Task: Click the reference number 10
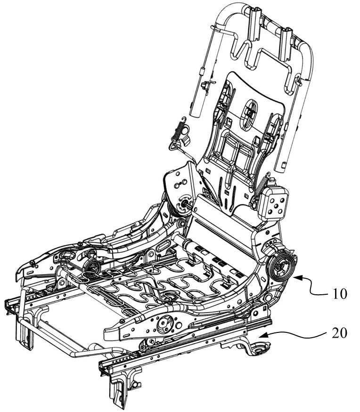click(x=340, y=294)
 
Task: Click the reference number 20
click(x=339, y=333)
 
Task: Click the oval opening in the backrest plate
click(x=250, y=112)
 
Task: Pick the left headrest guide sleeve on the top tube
click(x=254, y=23)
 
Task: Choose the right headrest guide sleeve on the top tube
click(x=286, y=43)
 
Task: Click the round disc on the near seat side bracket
click(x=165, y=324)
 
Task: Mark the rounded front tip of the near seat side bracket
click(x=108, y=334)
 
